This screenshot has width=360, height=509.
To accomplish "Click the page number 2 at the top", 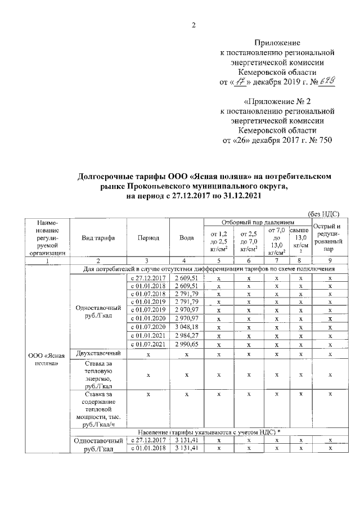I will (193, 24).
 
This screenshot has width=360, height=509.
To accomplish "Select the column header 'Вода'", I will (187, 238).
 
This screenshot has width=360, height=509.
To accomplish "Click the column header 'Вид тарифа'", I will (98, 238).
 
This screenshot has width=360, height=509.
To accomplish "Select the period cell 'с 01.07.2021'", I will (147, 344).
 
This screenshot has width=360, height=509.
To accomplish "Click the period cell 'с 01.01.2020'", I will (147, 318).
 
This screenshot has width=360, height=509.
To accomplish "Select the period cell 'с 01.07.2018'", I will (147, 294).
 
